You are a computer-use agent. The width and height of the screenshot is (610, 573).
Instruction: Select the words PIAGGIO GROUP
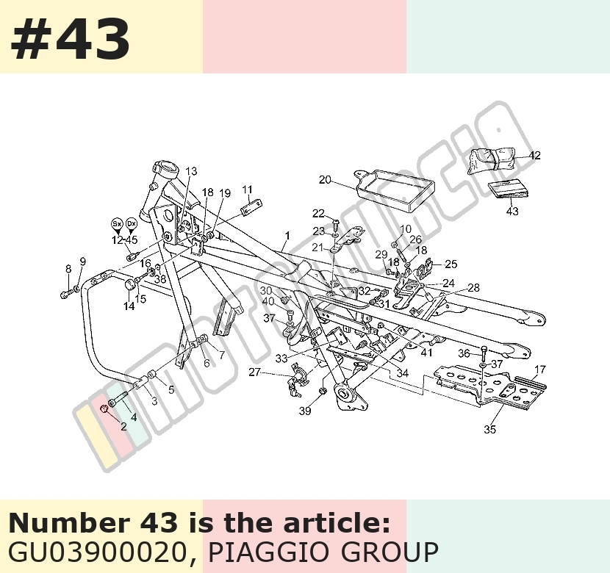323,552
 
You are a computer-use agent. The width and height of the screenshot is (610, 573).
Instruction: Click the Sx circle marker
117,224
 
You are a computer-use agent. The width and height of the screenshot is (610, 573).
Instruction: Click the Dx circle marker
132,224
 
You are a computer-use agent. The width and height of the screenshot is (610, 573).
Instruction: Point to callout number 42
535,156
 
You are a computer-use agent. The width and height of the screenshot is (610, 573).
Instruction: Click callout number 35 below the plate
489,429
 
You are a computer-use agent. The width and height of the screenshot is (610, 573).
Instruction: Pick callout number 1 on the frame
287,236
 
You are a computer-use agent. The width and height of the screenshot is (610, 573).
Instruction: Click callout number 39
305,411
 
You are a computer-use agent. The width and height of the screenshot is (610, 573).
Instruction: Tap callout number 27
254,372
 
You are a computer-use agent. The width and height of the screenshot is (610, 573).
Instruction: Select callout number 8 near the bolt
68,269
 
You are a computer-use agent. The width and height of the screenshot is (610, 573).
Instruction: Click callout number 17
540,370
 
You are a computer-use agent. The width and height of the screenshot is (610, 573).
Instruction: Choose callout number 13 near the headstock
191,171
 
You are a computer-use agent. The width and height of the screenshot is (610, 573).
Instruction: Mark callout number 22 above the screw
318,214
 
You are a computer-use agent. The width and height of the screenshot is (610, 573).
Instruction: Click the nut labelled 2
104,408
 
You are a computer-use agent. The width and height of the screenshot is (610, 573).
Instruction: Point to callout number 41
427,353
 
